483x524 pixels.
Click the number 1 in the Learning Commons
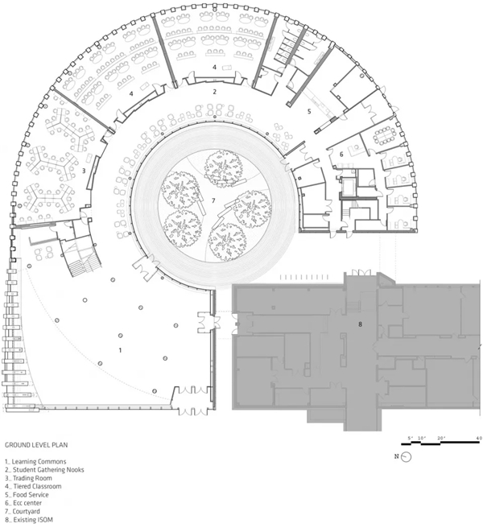pyautogui.click(x=120, y=350)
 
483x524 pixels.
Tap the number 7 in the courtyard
pyautogui.click(x=214, y=200)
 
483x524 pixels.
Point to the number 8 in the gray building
pyautogui.click(x=360, y=324)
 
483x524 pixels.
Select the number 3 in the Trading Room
pyautogui.click(x=84, y=171)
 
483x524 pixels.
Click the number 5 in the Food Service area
pyautogui.click(x=309, y=111)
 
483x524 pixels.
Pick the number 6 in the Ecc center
pyautogui.click(x=341, y=155)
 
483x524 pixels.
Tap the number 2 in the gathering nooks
pyautogui.click(x=215, y=91)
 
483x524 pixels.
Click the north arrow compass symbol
pyautogui.click(x=406, y=457)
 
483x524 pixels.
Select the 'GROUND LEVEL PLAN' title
pyautogui.click(x=36, y=445)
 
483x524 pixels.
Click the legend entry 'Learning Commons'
pyautogui.click(x=39, y=461)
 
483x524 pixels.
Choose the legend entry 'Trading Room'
pyautogui.click(x=32, y=478)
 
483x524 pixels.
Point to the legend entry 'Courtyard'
pyautogui.click(x=26, y=511)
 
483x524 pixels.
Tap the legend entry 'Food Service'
pyautogui.click(x=31, y=494)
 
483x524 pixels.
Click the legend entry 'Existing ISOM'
pyautogui.click(x=33, y=520)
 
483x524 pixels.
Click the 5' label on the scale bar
pyautogui.click(x=411, y=438)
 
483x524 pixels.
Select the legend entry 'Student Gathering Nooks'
pyautogui.click(x=48, y=469)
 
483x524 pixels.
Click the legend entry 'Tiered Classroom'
pyautogui.click(x=37, y=486)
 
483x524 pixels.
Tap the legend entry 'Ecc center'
pyautogui.click(x=27, y=503)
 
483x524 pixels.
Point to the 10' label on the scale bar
pyautogui.click(x=421, y=438)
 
